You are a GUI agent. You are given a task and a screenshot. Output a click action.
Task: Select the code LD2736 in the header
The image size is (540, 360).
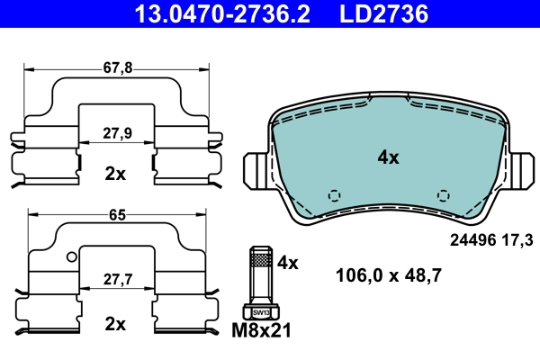click(382, 13)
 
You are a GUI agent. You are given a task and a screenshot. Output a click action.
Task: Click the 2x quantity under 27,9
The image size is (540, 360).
click(115, 174)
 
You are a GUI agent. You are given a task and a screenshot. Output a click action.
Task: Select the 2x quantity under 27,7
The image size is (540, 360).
click(115, 323)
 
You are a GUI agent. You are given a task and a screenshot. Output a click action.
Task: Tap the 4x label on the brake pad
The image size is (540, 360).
click(388, 157)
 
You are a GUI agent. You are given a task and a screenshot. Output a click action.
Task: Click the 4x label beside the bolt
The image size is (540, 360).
click(287, 263)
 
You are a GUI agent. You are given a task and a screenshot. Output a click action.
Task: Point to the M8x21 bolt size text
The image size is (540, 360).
click(263, 332)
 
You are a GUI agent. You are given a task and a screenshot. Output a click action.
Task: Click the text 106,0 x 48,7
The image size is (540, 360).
click(388, 276)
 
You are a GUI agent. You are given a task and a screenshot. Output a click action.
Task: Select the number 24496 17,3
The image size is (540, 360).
click(490, 240)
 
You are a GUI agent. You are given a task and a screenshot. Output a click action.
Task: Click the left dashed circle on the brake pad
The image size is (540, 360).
click(335, 195)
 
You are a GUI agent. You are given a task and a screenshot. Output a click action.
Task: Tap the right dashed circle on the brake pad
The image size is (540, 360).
click(442, 195)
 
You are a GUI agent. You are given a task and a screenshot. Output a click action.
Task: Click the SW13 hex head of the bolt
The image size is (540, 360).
click(260, 311)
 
